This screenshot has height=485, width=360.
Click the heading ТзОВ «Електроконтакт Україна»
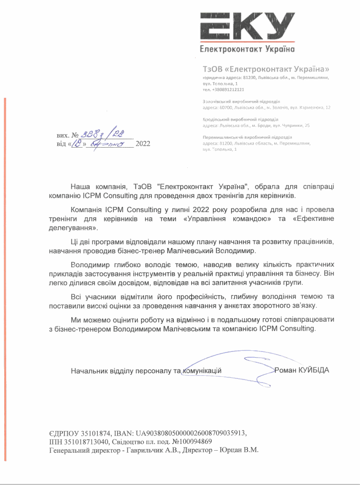pos(266,69)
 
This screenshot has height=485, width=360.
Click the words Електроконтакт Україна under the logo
pos(247,49)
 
